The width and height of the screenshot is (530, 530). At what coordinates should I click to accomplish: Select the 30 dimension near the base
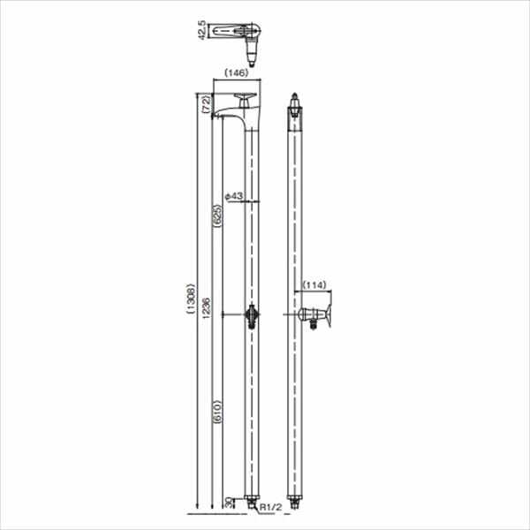[229, 501]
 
